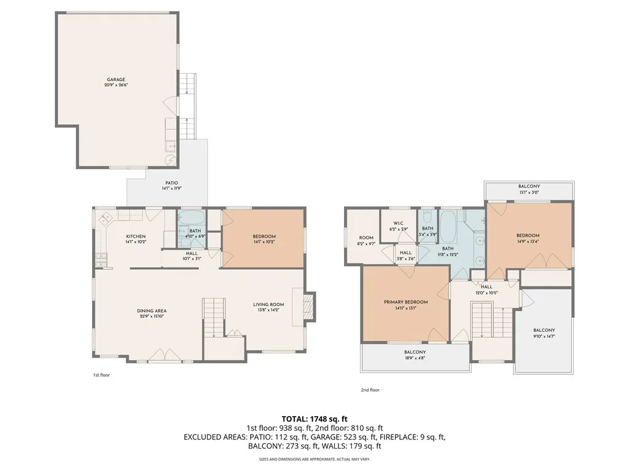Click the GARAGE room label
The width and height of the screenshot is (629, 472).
(116, 79)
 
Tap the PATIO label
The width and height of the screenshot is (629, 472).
(171, 183)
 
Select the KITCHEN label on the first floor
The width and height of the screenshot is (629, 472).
(136, 237)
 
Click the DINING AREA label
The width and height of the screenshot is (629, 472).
(152, 311)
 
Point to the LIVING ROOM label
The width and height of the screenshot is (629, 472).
(268, 304)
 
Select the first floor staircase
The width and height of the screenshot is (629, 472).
(214, 317)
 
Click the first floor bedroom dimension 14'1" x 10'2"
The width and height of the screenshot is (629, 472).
(264, 242)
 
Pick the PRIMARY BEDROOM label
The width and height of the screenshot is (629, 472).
(405, 302)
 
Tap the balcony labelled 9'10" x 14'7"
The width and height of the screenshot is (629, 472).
(544, 334)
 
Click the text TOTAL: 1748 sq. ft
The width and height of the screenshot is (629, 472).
(314, 419)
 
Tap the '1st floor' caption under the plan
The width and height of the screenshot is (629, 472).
(101, 374)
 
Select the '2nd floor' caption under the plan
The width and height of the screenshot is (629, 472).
(370, 390)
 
